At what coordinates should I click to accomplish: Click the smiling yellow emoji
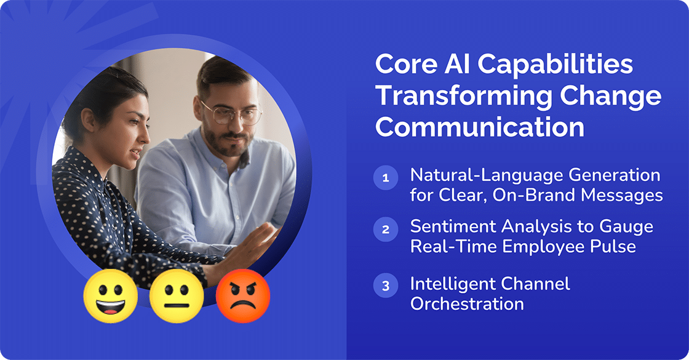point(110,297)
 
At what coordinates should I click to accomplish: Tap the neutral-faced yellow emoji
point(177,297)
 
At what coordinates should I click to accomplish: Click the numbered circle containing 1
point(386,179)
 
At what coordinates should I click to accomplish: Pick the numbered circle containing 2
point(386,230)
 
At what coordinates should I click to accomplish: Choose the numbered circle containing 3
point(386,286)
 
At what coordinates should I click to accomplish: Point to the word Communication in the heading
point(480,127)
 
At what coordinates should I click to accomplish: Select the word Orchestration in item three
point(467,303)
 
